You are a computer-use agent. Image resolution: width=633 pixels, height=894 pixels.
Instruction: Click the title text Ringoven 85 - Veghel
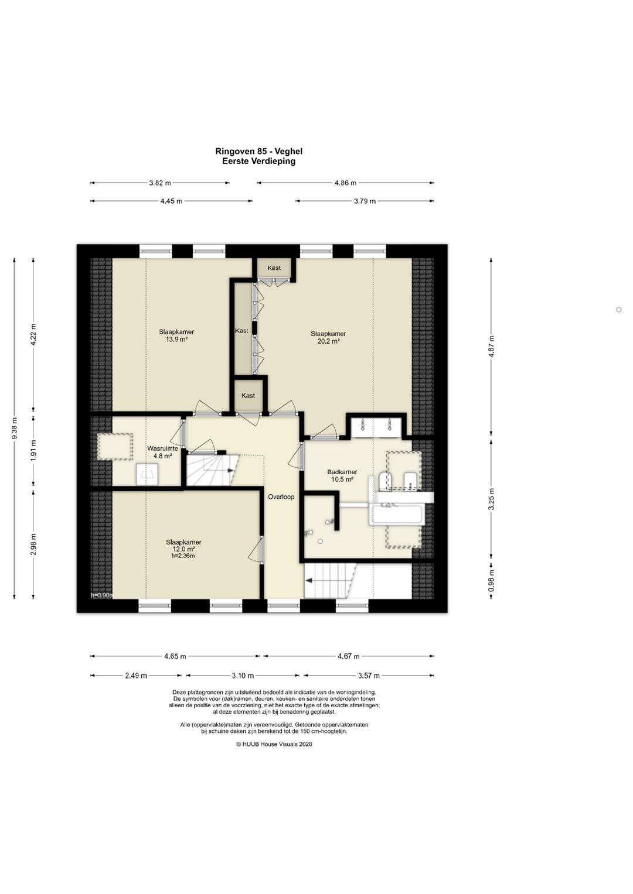258,151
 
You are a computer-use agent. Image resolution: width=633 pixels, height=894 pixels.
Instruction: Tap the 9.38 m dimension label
15,428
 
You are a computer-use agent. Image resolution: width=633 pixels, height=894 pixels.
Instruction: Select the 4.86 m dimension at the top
345,183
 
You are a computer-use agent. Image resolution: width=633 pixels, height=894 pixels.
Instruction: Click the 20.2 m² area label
328,342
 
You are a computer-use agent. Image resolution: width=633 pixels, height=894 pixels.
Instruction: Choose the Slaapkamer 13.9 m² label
176,335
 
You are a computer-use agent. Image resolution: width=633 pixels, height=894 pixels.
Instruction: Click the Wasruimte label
163,448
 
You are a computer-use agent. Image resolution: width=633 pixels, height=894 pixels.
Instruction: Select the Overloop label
281,497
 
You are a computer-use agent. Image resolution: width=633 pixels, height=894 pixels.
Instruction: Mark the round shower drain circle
320,542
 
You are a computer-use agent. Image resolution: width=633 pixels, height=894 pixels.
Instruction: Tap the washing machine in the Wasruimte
147,474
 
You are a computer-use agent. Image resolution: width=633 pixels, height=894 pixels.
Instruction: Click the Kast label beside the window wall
274,268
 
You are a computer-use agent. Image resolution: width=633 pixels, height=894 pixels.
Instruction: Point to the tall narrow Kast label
241,330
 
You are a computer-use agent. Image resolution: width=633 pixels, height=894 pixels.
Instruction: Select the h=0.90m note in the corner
102,595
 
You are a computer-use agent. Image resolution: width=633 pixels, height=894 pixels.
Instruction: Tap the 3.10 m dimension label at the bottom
243,676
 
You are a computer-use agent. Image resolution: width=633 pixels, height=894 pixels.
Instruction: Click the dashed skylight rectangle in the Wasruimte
115,447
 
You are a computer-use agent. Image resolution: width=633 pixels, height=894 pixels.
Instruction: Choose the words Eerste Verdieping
258,161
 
